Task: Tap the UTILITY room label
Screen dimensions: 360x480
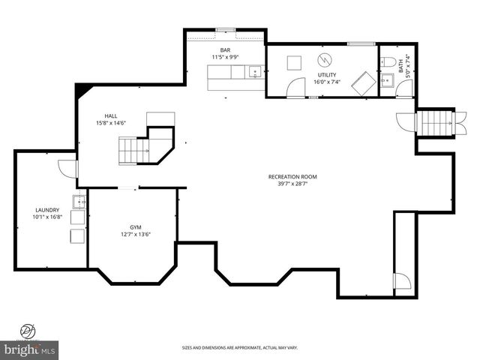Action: click(326, 75)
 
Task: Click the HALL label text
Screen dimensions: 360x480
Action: click(110, 115)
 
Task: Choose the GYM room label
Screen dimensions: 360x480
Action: click(135, 226)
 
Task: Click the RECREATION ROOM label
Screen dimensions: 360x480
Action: click(292, 177)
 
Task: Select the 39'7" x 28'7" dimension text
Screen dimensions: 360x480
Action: click(292, 184)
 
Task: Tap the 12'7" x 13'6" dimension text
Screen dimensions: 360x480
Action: click(135, 233)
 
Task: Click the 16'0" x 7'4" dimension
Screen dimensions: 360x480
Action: click(326, 82)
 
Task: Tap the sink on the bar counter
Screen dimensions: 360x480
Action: click(255, 73)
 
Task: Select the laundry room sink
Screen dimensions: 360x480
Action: click(79, 202)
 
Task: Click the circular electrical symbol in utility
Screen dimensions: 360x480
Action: click(325, 59)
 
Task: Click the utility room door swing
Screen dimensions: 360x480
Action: click(298, 87)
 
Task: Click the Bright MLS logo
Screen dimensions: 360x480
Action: click(30, 349)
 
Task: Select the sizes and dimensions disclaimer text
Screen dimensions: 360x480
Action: click(239, 347)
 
